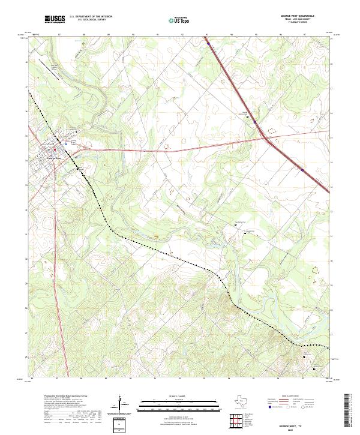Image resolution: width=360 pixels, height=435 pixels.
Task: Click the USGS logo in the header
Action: (x=55, y=19)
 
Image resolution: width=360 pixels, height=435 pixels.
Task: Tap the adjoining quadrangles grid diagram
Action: (x=236, y=422)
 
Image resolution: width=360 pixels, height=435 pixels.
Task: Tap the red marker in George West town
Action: (x=54, y=149)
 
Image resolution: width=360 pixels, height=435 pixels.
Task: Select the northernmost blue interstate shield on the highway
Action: (x=208, y=43)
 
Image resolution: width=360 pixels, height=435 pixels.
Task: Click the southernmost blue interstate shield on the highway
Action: (x=302, y=170)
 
